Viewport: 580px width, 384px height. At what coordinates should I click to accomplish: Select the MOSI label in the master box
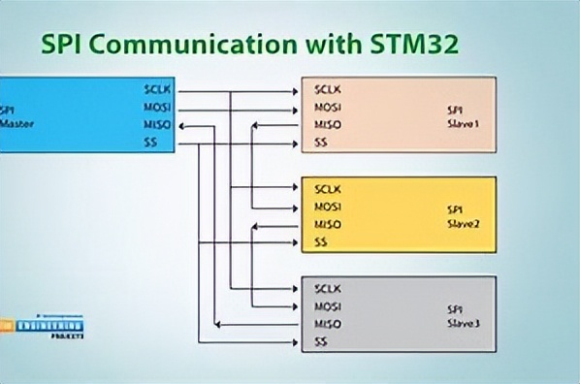click(x=155, y=107)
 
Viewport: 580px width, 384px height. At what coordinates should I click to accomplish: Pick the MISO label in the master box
click(x=155, y=125)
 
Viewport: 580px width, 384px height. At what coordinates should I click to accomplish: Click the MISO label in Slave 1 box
click(x=328, y=125)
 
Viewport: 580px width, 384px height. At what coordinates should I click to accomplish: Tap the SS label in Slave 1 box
click(x=321, y=144)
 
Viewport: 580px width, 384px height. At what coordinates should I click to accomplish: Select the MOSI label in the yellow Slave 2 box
click(x=328, y=208)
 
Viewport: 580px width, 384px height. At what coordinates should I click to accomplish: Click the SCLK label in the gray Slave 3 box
click(x=329, y=289)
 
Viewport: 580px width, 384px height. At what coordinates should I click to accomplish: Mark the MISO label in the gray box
click(x=328, y=325)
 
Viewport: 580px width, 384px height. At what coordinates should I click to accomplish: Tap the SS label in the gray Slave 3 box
click(x=321, y=343)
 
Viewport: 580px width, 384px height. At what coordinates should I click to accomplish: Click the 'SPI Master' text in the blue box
click(x=14, y=116)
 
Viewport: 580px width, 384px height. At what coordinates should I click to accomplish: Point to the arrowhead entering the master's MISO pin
click(x=180, y=125)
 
